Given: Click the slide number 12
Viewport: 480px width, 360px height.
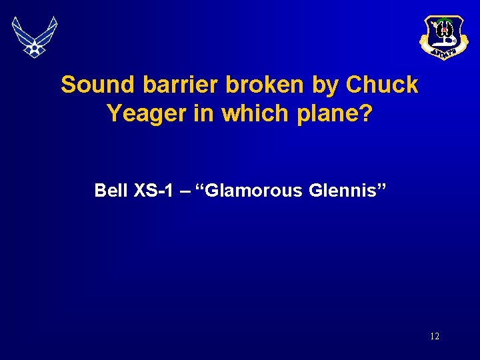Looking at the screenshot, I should [435, 337].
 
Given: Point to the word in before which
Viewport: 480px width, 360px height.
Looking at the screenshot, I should [207, 113].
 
